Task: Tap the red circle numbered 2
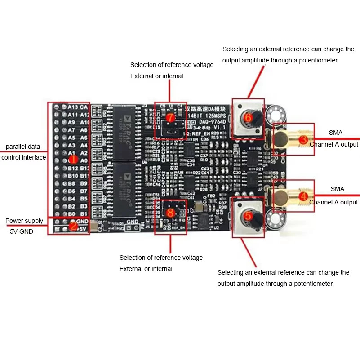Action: click(74, 226)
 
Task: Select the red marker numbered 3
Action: click(303, 140)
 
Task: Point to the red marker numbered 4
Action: click(303, 196)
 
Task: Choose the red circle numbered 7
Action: click(170, 118)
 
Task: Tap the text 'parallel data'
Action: click(23, 147)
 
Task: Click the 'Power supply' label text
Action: click(24, 221)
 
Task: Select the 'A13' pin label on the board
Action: click(72, 107)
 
